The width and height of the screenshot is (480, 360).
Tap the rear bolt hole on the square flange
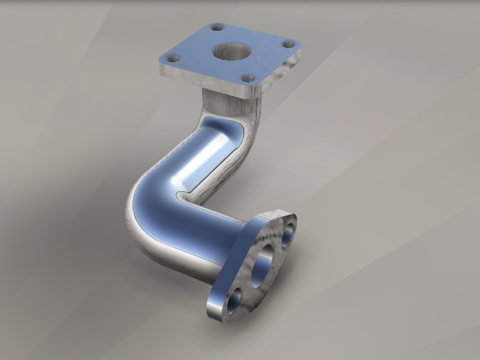(x=217, y=28)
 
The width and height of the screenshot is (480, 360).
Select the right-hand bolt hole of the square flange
(x=287, y=44)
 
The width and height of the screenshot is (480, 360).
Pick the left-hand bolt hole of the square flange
(x=172, y=58)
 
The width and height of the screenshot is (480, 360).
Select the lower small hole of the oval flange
(x=232, y=301)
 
